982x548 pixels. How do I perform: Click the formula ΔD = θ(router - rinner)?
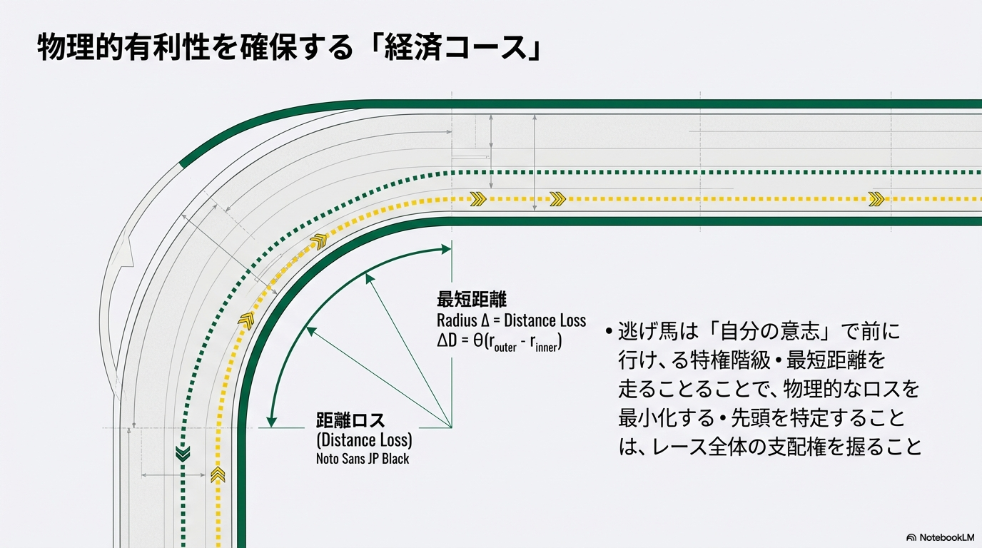pyautogui.click(x=500, y=342)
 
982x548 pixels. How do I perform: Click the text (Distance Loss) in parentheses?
pyautogui.click(x=364, y=440)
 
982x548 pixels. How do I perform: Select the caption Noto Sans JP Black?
pyautogui.click(x=363, y=459)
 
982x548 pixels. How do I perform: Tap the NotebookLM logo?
pyautogui.click(x=940, y=537)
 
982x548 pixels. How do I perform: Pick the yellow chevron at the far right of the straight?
pyautogui.click(x=876, y=199)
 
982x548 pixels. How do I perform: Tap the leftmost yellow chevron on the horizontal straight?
pyautogui.click(x=478, y=199)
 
